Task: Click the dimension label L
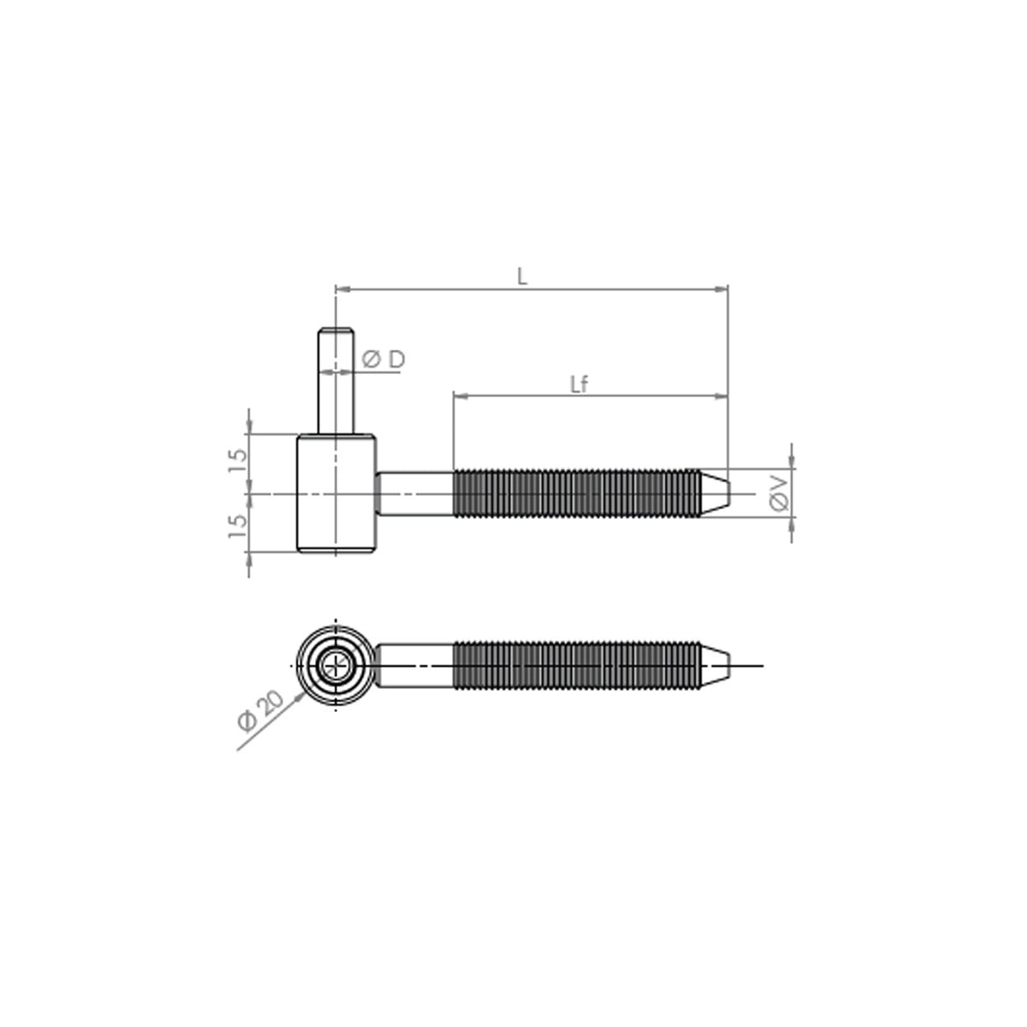click(522, 276)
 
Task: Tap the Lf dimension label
click(579, 384)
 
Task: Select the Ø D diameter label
click(383, 359)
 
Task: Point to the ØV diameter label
click(779, 494)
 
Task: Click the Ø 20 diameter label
click(261, 711)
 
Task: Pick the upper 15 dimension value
click(238, 460)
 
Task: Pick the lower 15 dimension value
click(238, 525)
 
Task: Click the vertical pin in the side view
click(335, 381)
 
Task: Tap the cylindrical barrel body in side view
click(336, 494)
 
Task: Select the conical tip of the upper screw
click(715, 494)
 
